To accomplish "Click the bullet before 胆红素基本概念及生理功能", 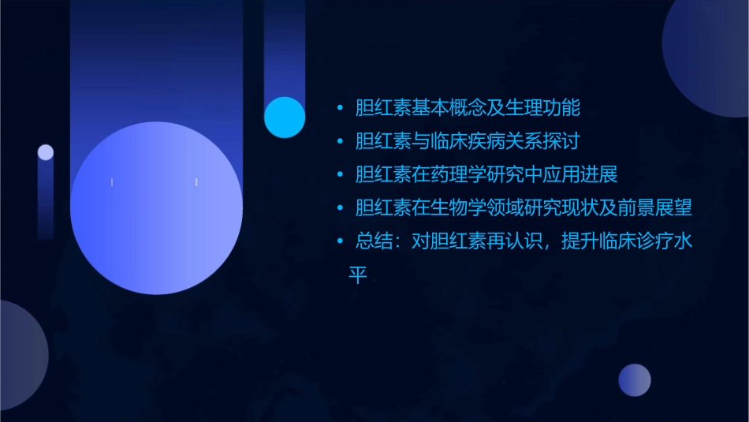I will pos(340,108).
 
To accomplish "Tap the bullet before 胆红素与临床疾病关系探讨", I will pos(340,142).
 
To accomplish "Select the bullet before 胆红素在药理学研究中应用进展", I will pos(340,175).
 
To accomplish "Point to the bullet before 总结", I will pos(340,241).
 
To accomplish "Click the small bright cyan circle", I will pos(285,117).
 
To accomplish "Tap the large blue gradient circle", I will pos(156,207).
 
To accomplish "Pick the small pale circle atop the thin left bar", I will pos(46,152).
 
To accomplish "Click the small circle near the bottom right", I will pos(635,380).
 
